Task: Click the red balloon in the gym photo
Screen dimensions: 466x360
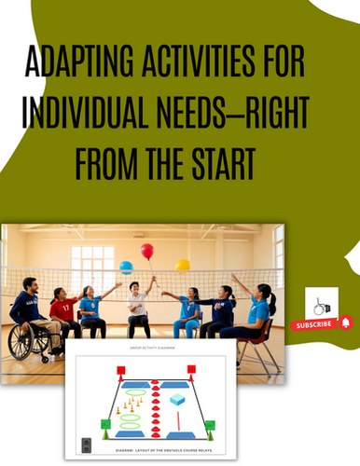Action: (147, 252)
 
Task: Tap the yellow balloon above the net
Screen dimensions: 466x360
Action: (183, 266)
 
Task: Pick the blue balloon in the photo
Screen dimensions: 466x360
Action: (126, 267)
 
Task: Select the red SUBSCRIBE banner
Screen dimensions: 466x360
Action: (313, 325)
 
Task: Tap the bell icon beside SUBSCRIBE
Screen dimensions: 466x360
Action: (345, 323)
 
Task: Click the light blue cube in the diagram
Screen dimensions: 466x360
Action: (178, 399)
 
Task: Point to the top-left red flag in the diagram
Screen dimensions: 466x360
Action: (119, 371)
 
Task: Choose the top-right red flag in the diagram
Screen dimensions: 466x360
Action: (192, 371)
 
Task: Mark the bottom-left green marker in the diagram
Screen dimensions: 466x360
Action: (104, 426)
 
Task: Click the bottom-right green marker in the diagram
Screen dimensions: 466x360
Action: (210, 426)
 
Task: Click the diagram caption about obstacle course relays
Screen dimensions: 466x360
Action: (155, 445)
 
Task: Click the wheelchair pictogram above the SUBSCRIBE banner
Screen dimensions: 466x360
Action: (321, 305)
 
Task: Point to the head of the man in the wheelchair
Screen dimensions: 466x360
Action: (30, 284)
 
